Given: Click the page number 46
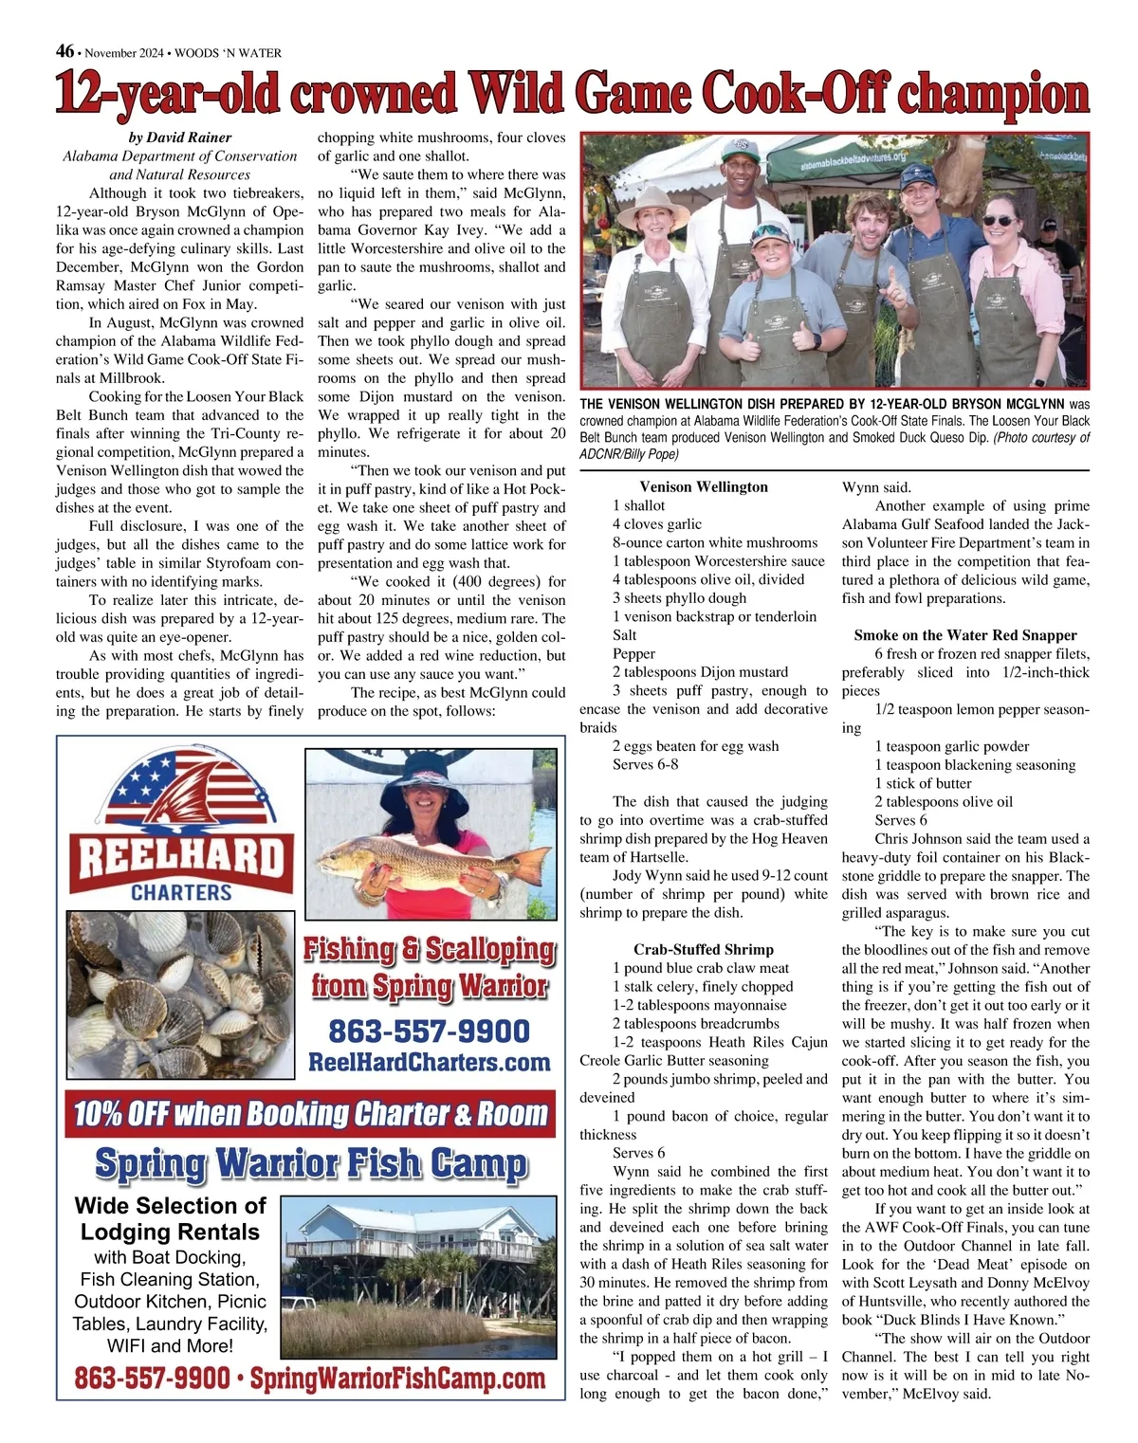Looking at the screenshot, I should (x=64, y=51).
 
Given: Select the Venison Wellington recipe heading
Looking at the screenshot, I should (x=704, y=486).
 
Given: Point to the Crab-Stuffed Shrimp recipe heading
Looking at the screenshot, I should (x=704, y=949).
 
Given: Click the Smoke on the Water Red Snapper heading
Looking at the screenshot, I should (x=965, y=635).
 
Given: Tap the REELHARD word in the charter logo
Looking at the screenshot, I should (x=180, y=859).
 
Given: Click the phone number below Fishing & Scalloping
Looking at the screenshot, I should (x=429, y=1032).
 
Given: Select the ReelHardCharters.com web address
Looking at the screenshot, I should (x=429, y=1062).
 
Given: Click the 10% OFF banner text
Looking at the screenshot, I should (x=311, y=1114).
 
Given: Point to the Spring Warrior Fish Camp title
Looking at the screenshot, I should (x=311, y=1163).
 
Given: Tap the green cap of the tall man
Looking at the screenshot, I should (x=741, y=150).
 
